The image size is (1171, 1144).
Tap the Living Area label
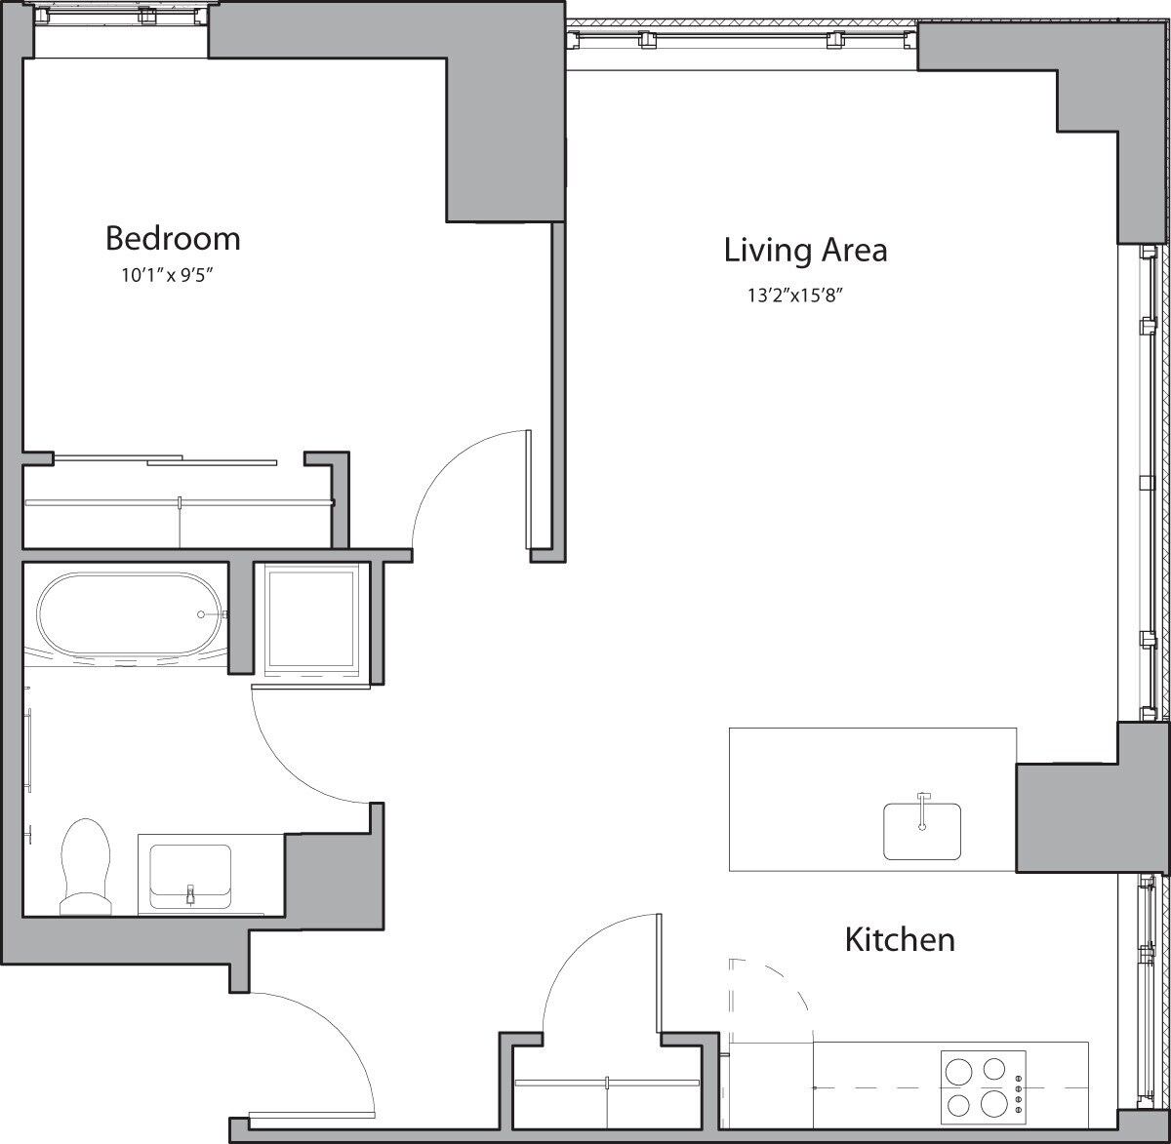[x=805, y=250]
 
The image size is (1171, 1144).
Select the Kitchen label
[x=899, y=940]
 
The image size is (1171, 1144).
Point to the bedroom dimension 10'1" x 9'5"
[x=167, y=276]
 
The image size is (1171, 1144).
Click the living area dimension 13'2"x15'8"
[x=794, y=296]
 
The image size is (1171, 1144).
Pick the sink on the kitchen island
[x=922, y=831]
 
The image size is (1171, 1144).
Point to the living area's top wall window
[x=742, y=39]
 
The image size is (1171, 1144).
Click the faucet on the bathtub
[x=202, y=614]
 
